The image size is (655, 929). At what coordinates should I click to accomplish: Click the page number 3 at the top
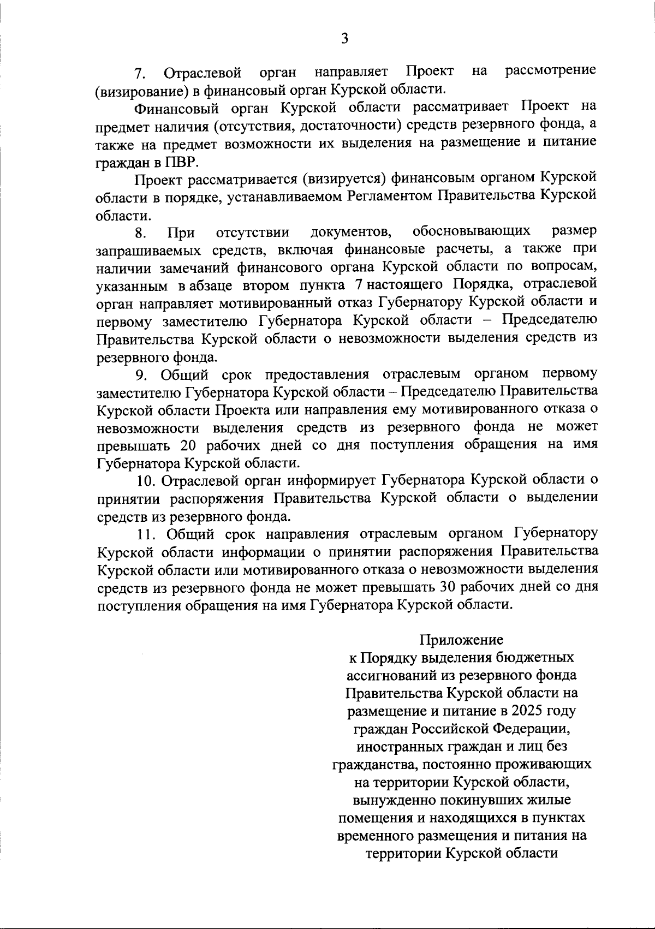[344, 38]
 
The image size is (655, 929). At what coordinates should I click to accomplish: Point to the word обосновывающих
[471, 231]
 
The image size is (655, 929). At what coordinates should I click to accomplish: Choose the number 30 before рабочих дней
[442, 587]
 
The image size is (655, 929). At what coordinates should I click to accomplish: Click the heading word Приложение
[461, 639]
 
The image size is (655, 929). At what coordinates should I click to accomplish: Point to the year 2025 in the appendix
[521, 711]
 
